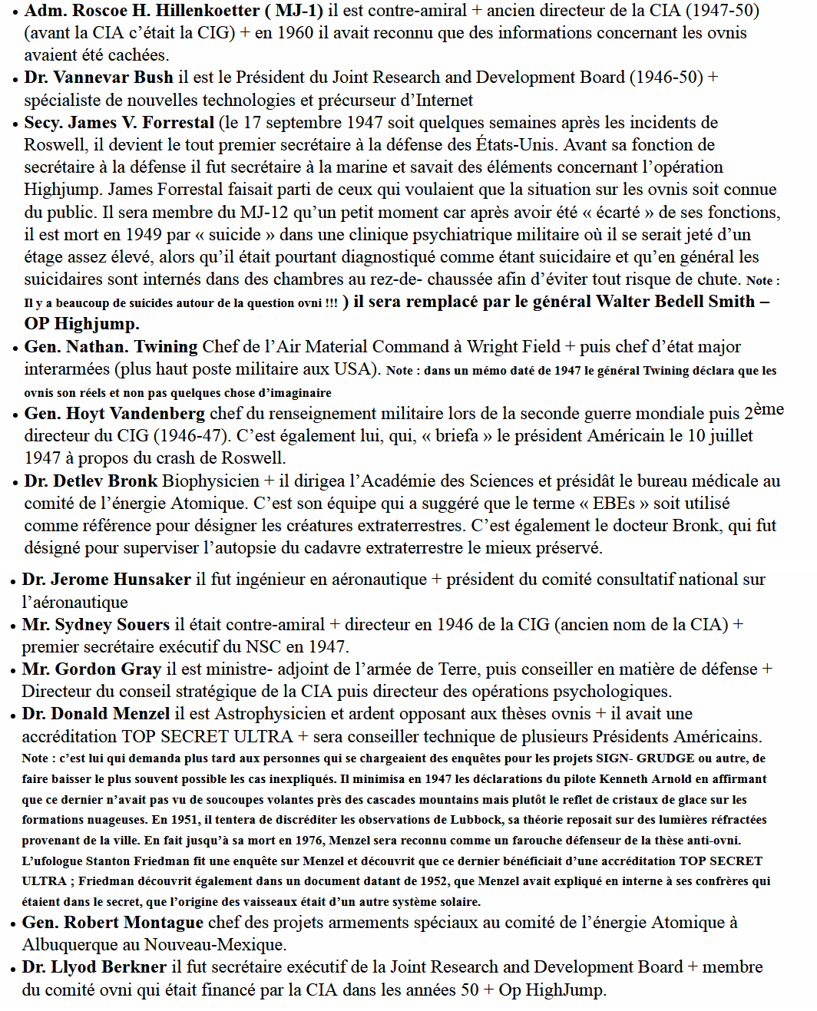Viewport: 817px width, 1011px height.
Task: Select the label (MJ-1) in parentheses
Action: (x=294, y=11)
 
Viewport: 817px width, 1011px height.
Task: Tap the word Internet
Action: (x=445, y=100)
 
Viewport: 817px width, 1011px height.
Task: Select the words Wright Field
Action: (x=515, y=347)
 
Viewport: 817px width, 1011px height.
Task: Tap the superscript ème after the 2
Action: (x=769, y=409)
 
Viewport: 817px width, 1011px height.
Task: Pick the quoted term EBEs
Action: (x=614, y=504)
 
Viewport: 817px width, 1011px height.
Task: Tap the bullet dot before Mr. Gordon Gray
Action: (x=13, y=671)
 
